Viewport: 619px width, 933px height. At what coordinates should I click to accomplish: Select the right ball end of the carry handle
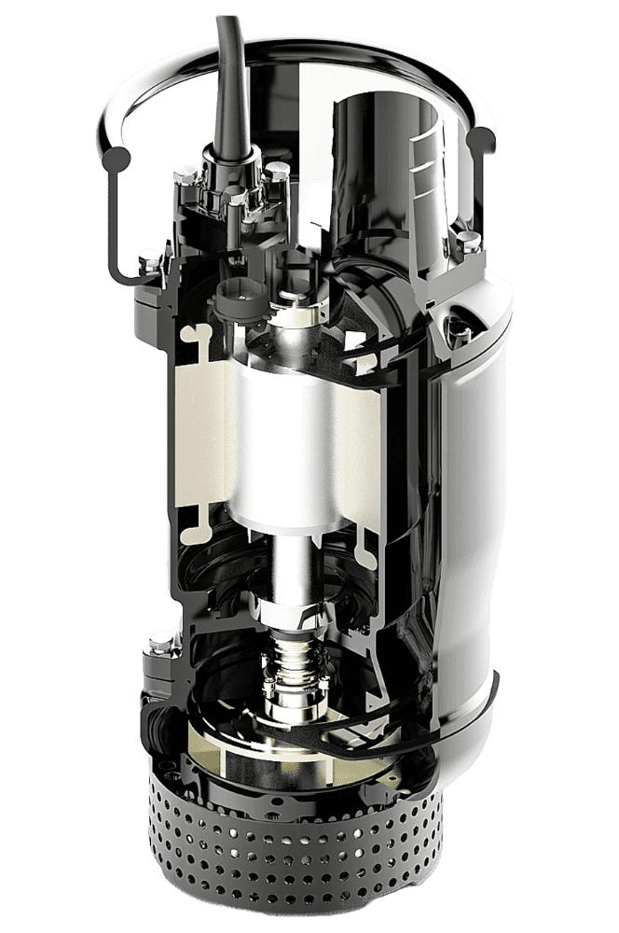point(483,142)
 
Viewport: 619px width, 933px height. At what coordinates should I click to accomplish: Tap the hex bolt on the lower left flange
point(157,644)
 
